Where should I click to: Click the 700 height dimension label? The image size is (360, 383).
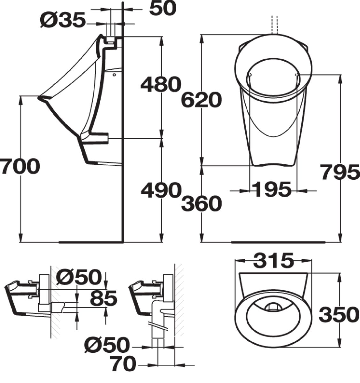tap(20, 167)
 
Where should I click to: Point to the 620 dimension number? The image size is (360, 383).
tap(201, 100)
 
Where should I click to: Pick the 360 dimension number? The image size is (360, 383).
tap(201, 203)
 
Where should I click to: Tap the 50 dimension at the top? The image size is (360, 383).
tap(163, 9)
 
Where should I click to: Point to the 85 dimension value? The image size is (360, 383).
tap(103, 298)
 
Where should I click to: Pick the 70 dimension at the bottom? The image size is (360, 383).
tap(123, 364)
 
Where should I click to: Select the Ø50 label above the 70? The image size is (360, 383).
tap(107, 345)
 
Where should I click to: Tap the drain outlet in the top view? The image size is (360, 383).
tap(272, 307)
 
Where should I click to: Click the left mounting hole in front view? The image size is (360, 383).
tap(250, 75)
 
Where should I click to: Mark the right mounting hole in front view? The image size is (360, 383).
tap(297, 75)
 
